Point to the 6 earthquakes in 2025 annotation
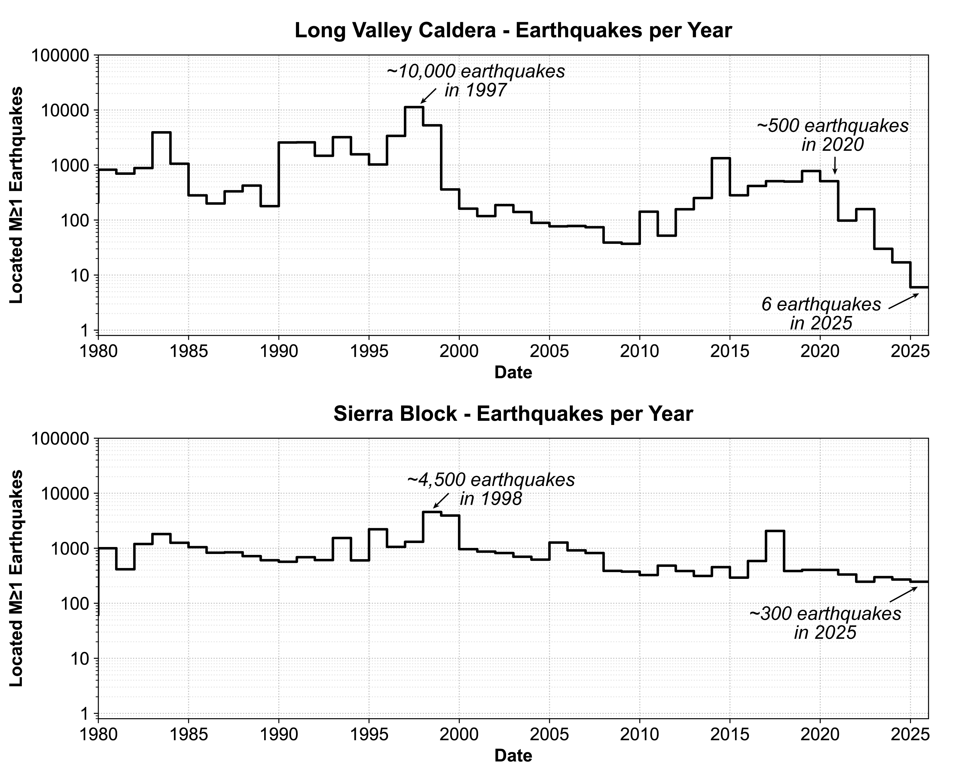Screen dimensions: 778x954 [x=821, y=314]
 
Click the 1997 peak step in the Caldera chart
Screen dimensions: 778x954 [x=414, y=107]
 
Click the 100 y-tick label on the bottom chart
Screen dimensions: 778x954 [x=75, y=604]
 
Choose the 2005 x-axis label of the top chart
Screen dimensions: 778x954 [x=549, y=351]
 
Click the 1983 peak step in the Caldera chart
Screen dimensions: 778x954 [x=162, y=133]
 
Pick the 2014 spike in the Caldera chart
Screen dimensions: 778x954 [x=721, y=158]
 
